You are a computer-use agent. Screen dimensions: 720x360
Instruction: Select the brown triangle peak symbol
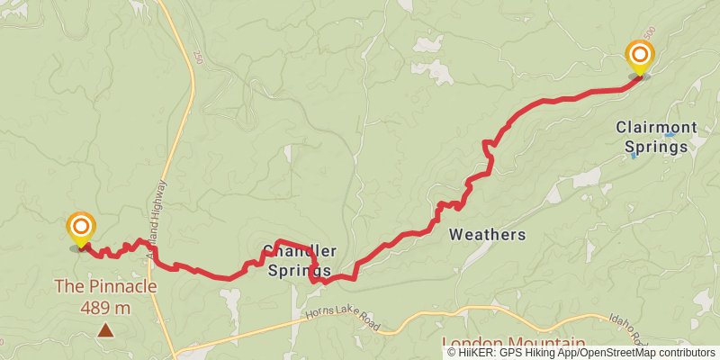tap(106, 331)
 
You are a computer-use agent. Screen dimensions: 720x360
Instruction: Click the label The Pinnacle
tap(105, 287)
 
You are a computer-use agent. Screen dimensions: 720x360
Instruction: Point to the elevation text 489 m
tap(105, 307)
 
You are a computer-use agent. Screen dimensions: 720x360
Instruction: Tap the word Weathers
tap(486, 235)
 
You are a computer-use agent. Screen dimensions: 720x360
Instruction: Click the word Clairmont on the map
tap(656, 128)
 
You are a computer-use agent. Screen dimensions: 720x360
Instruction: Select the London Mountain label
tap(513, 344)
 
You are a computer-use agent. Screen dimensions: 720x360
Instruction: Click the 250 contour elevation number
tap(196, 58)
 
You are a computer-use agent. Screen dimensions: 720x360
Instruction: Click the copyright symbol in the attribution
tap(452, 353)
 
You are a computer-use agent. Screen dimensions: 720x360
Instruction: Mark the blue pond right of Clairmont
tap(669, 135)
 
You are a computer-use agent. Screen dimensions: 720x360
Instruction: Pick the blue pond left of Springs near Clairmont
tap(634, 155)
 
